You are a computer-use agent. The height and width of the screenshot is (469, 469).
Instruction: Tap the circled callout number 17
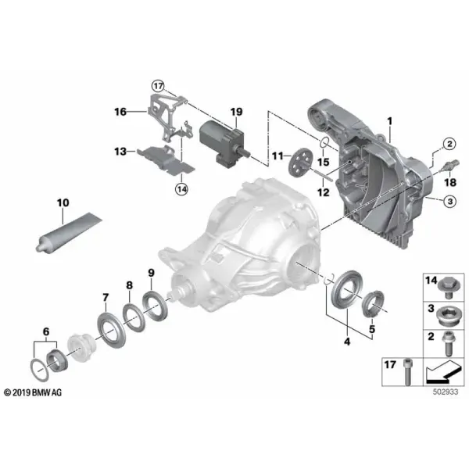coord(158,87)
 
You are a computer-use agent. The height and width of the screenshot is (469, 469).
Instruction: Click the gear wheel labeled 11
coord(300,163)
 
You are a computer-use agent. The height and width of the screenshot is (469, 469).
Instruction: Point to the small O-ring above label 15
coord(325,143)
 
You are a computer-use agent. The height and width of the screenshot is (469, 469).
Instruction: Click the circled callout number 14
coord(182,189)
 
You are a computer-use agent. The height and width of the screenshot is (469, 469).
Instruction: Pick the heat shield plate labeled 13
coord(165,160)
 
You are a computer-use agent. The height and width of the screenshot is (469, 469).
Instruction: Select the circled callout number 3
coord(450,202)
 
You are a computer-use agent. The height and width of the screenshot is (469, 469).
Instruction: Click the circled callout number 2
coord(449,144)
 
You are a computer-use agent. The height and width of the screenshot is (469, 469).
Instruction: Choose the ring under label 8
coord(134,317)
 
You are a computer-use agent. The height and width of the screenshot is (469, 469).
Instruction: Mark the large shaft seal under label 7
coord(112,330)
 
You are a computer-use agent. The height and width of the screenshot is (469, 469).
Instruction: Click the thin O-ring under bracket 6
coord(40,370)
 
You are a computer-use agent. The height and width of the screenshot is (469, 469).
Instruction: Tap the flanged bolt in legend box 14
coord(448,288)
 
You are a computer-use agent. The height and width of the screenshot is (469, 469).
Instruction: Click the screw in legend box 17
coord(407,372)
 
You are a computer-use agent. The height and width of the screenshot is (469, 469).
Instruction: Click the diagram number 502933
coord(446,392)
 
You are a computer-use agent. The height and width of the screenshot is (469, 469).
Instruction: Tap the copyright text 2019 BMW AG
coord(33,392)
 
